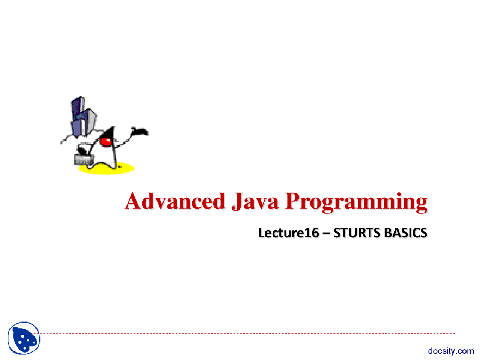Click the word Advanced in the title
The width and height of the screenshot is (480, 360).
point(175,201)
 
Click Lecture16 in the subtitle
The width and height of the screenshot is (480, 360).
point(289,232)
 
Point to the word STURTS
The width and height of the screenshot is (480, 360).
point(357,232)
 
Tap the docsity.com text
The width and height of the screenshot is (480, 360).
point(451,351)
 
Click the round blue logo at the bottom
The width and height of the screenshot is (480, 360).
point(24,338)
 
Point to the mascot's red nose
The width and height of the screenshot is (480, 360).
point(106,142)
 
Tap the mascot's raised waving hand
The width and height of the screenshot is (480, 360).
point(140,131)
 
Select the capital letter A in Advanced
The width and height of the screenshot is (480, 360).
point(133,201)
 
